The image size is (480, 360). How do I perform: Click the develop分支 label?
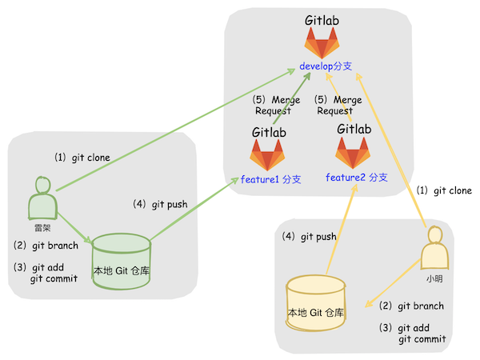coord(326,65)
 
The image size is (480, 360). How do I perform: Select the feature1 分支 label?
coord(270,179)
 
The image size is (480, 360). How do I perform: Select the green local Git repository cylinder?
coord(121,260)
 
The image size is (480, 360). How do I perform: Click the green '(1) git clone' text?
coord(82,158)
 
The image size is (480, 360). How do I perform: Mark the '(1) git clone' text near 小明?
coord(445,190)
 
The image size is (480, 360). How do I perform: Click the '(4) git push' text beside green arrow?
coord(160,204)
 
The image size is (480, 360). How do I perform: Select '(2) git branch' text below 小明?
coord(411,306)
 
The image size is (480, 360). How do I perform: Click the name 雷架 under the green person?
coord(42,227)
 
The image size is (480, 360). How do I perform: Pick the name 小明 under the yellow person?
coord(434,281)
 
